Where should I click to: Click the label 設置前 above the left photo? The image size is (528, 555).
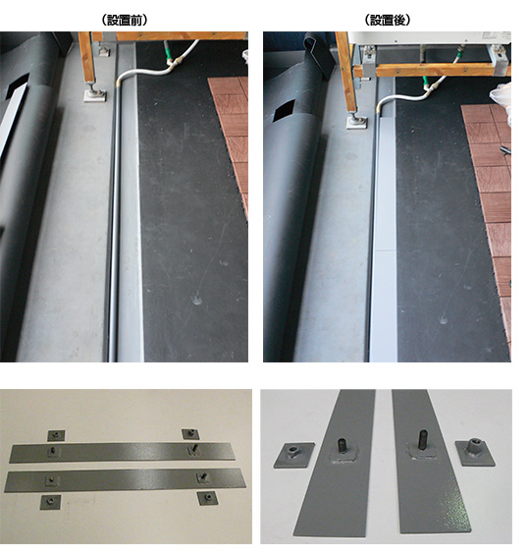click(x=124, y=21)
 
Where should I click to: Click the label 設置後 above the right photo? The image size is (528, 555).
click(x=388, y=21)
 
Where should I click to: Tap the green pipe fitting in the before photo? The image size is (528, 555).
click(x=170, y=56)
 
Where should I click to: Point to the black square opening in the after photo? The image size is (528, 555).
click(x=285, y=109)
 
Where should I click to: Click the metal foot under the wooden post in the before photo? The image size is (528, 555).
click(x=95, y=95)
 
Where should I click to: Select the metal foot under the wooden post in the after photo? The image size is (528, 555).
click(x=356, y=123)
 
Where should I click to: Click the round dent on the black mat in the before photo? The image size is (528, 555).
click(x=196, y=301)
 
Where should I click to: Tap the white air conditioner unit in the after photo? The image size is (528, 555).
click(x=430, y=38)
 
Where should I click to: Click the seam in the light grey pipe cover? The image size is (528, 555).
click(x=385, y=250)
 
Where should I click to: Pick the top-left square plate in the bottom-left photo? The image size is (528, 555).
click(x=56, y=435)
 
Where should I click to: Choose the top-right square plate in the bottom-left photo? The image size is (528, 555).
click(x=190, y=433)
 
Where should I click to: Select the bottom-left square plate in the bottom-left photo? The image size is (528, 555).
click(x=50, y=502)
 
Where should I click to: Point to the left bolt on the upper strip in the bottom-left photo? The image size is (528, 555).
click(x=52, y=450)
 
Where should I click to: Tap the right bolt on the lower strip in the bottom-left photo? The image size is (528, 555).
click(x=203, y=476)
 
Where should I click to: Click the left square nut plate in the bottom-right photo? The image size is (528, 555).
click(x=293, y=455)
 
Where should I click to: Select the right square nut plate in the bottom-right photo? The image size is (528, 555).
click(x=475, y=452)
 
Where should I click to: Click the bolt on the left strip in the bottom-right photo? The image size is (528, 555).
click(x=342, y=445)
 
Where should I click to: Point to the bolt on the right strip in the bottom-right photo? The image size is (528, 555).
click(x=423, y=440)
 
